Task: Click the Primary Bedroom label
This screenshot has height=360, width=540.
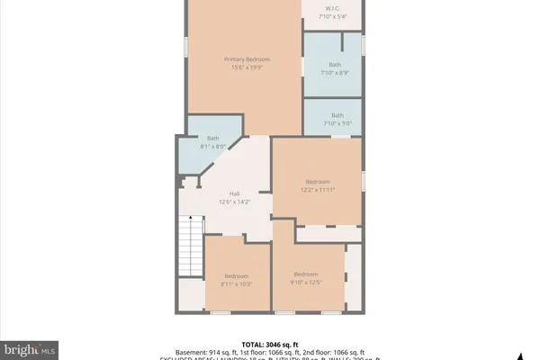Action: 247,59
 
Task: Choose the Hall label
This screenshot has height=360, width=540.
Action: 234,193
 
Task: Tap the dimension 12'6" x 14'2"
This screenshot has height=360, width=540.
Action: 234,202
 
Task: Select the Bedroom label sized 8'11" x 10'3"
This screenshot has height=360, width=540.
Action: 236,275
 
